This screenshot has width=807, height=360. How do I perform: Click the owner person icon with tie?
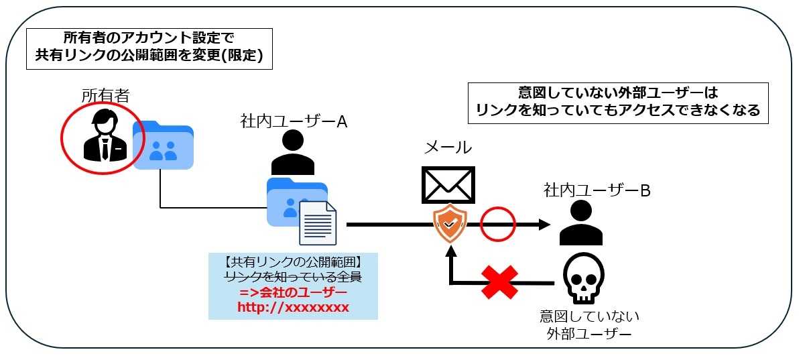(x=103, y=135)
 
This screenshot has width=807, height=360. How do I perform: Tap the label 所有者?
(x=105, y=96)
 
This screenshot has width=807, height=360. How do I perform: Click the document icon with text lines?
(x=318, y=223)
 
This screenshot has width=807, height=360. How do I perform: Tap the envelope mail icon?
(x=448, y=184)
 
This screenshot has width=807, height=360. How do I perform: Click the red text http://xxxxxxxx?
(x=294, y=308)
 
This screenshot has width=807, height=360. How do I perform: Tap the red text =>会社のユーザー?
(x=294, y=292)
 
